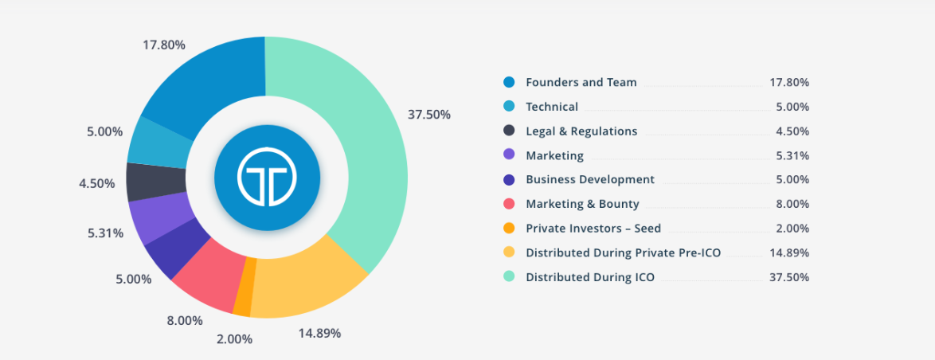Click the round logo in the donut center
267,176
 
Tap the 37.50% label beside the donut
428,115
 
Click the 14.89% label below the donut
319,333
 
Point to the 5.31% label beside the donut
105,233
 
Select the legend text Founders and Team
581,82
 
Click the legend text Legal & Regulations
581,131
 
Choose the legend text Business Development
590,179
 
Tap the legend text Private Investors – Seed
593,228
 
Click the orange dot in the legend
510,228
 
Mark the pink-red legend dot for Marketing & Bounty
510,204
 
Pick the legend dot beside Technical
510,107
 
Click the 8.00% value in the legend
792,204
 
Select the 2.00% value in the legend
792,228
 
